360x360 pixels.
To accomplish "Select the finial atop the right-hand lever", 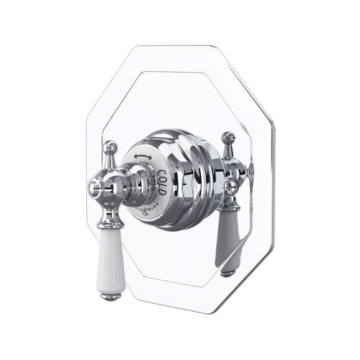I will coord(228,137).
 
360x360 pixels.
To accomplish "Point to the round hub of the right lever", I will coord(233,185).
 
